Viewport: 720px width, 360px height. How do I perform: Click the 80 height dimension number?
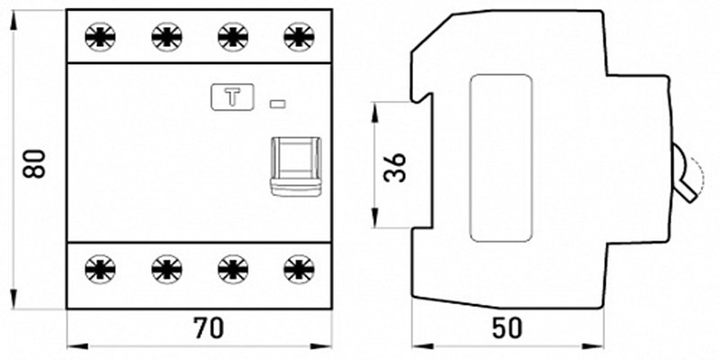pyautogui.click(x=35, y=164)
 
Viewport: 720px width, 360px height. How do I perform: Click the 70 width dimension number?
pyautogui.click(x=209, y=328)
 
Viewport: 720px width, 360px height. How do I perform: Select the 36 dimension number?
pyautogui.click(x=395, y=167)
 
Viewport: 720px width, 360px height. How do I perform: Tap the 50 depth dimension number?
pyautogui.click(x=508, y=328)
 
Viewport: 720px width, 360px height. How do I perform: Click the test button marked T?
pyautogui.click(x=232, y=97)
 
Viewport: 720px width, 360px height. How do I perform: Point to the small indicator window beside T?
pyautogui.click(x=277, y=104)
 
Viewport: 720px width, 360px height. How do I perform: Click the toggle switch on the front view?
pyautogui.click(x=295, y=166)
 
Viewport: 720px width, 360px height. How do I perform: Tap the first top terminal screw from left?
pyautogui.click(x=100, y=36)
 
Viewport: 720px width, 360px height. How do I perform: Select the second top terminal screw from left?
pyautogui.click(x=166, y=36)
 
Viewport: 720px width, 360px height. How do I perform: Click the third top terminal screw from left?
pyautogui.click(x=233, y=36)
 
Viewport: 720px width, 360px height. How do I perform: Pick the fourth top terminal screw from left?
pyautogui.click(x=299, y=36)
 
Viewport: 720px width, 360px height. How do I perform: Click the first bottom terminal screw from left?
pyautogui.click(x=100, y=268)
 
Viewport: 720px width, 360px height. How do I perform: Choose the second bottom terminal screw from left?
pyautogui.click(x=166, y=268)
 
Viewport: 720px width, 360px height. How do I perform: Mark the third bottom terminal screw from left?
pyautogui.click(x=233, y=268)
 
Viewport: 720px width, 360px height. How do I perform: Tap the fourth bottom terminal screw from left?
pyautogui.click(x=299, y=268)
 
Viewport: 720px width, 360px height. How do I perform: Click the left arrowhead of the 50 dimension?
pyautogui.click(x=421, y=345)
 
